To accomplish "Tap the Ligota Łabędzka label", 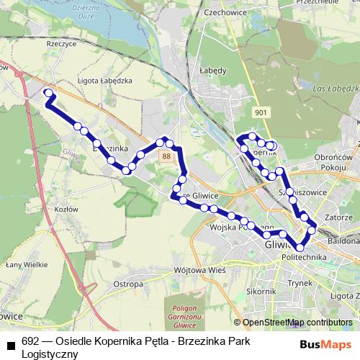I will (105, 81).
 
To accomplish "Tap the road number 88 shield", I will (167, 156).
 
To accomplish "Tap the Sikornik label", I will (261, 292).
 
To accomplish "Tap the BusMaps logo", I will (326, 344).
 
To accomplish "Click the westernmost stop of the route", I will (49, 93).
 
